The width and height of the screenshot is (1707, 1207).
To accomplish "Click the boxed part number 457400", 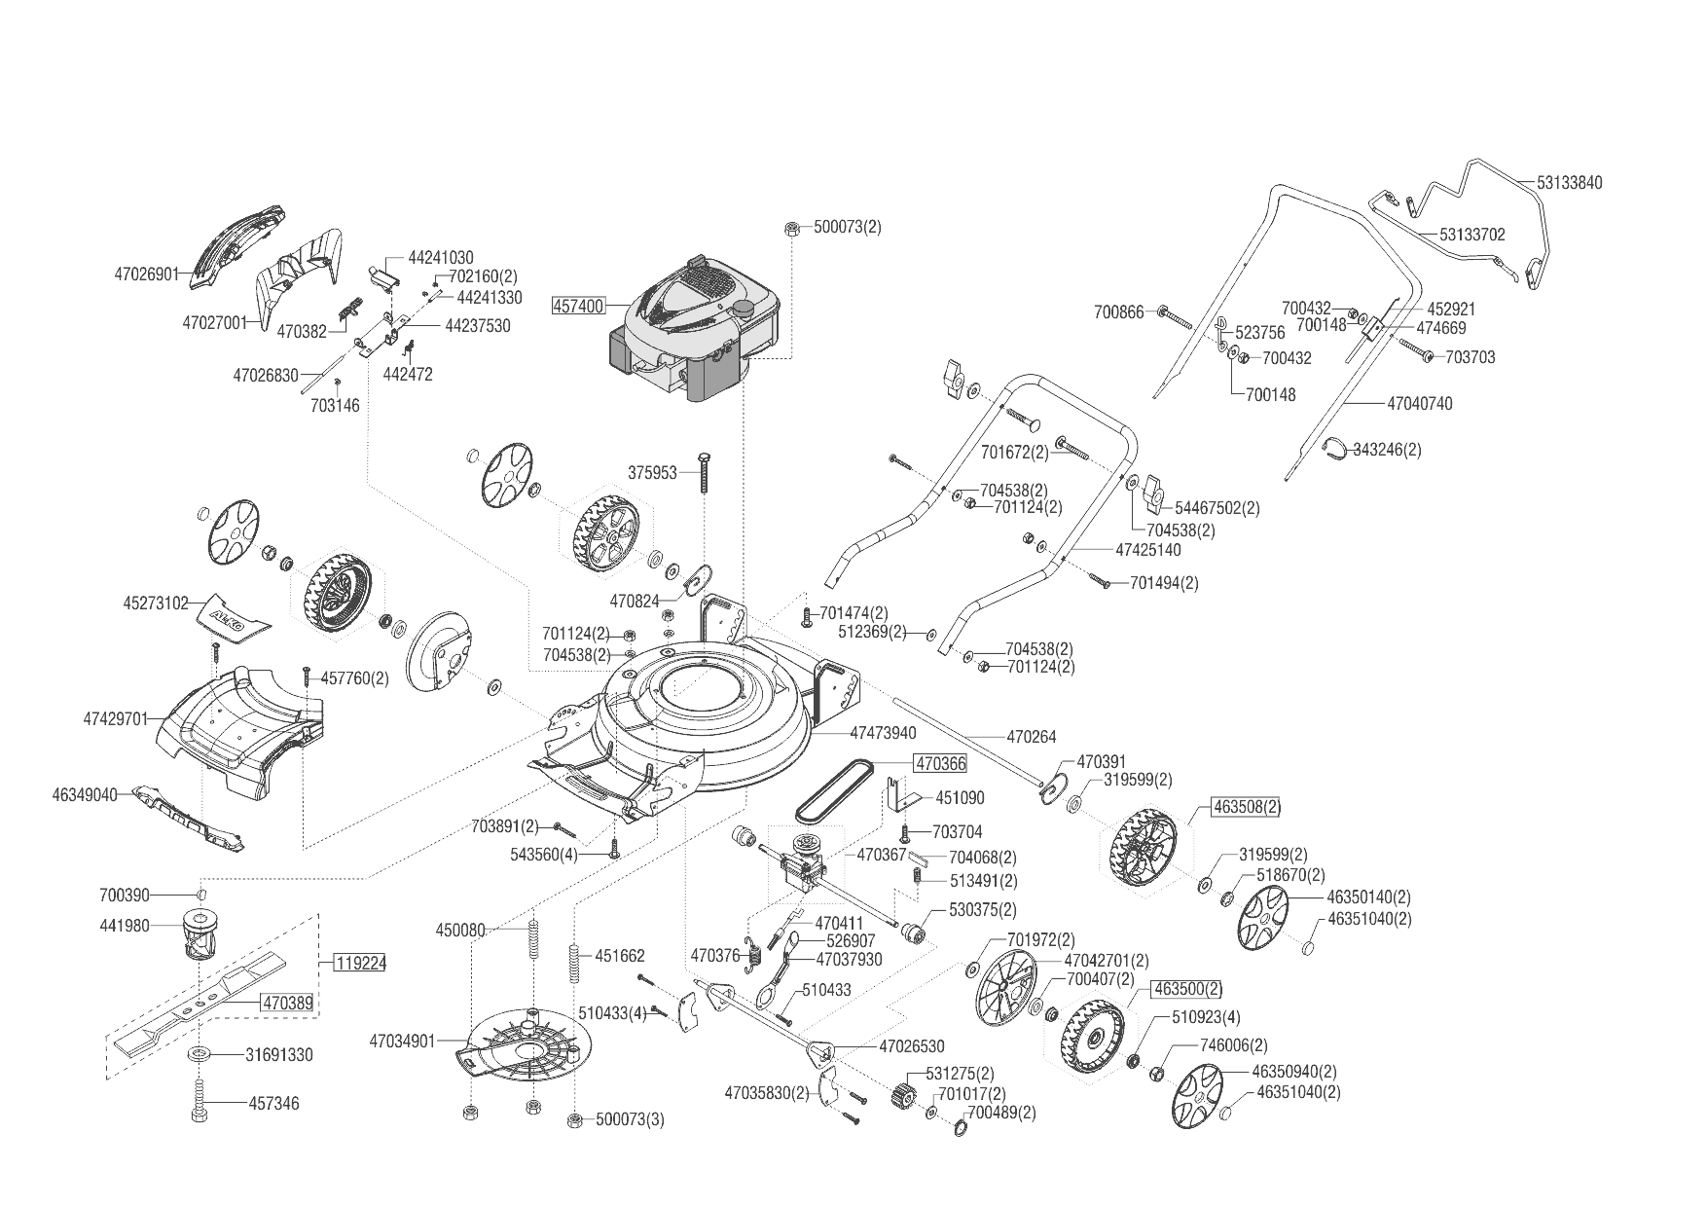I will tap(579, 306).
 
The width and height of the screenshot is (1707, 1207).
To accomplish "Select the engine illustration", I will tap(693, 327).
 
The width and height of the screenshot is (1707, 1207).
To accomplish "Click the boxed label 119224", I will tap(360, 964).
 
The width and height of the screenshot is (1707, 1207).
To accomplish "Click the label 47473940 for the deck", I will tap(883, 732).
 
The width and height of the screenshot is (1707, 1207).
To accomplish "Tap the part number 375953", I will tap(652, 473).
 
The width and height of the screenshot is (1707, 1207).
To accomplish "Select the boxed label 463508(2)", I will tap(1246, 807).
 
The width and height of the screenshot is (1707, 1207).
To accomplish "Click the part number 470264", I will tap(1031, 737).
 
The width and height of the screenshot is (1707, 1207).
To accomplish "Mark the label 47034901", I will tap(401, 1041).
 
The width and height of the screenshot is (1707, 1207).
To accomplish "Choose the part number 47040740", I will tap(1419, 403).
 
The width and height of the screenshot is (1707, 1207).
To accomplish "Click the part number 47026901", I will tap(147, 274).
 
